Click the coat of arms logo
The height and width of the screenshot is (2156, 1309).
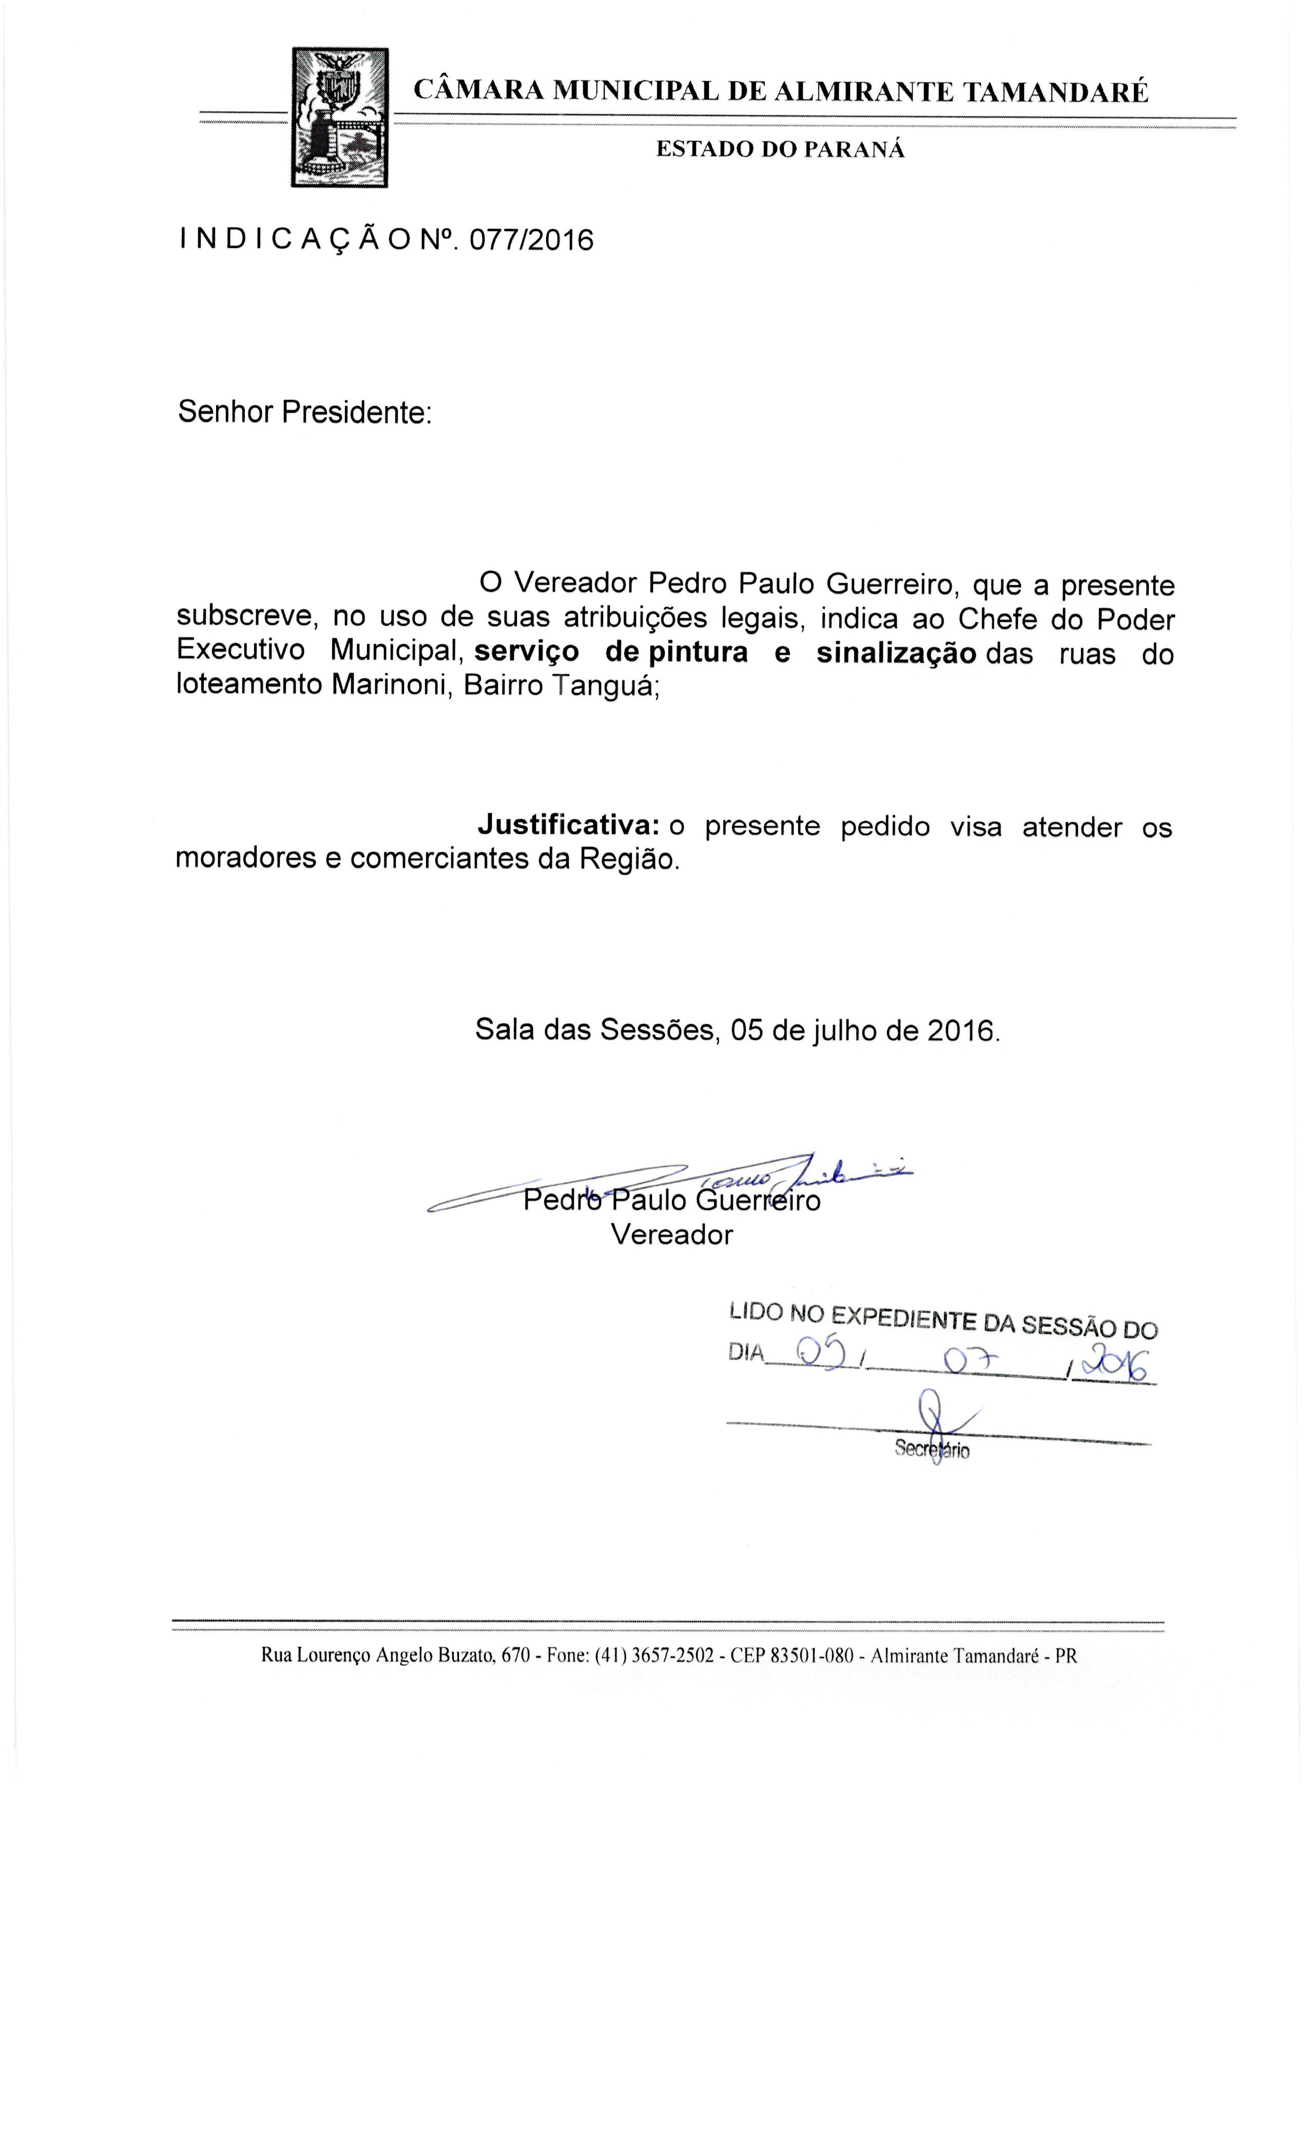tap(339, 117)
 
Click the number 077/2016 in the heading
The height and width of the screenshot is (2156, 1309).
tap(531, 240)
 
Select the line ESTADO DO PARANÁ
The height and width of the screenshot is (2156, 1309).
tap(780, 149)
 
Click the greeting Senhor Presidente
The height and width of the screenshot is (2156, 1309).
tap(304, 412)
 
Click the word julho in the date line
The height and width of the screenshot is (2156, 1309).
tap(845, 1030)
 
